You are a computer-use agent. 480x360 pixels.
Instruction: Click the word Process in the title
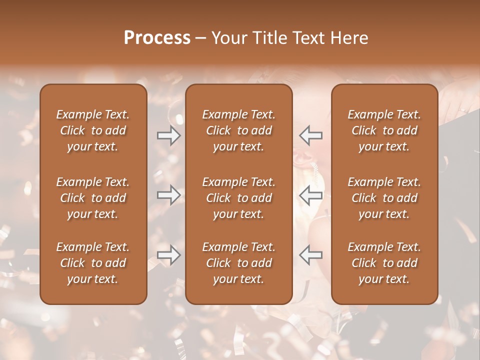pyautogui.click(x=157, y=38)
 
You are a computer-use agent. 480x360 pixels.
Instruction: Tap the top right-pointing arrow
pyautogui.click(x=169, y=135)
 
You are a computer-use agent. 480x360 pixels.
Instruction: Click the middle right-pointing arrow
pyautogui.click(x=169, y=195)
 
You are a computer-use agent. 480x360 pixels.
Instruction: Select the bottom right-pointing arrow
pyautogui.click(x=169, y=255)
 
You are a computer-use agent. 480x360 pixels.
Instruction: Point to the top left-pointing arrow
pyautogui.click(x=310, y=135)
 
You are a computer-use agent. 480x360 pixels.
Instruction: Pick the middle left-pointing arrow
pyautogui.click(x=310, y=195)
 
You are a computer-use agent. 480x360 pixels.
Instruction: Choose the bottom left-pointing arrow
pyautogui.click(x=310, y=255)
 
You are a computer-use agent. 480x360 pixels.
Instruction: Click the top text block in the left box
pyautogui.click(x=93, y=130)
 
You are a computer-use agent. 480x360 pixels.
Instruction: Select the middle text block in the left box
pyautogui.click(x=93, y=198)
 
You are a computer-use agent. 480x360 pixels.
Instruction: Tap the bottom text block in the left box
pyautogui.click(x=93, y=263)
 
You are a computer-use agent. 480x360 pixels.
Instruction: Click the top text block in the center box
pyautogui.click(x=239, y=130)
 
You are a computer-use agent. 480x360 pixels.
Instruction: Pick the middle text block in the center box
pyautogui.click(x=239, y=198)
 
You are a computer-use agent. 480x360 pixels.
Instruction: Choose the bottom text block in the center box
pyautogui.click(x=239, y=263)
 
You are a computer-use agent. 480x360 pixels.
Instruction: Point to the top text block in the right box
pyautogui.click(x=384, y=130)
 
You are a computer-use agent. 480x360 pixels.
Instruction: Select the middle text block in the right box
pyautogui.click(x=384, y=198)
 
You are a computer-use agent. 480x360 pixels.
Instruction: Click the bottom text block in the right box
pyautogui.click(x=384, y=263)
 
